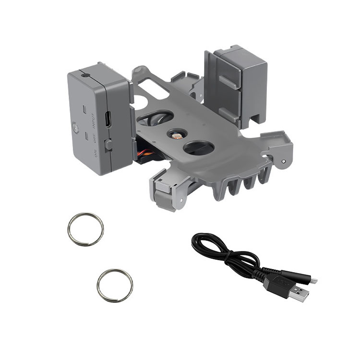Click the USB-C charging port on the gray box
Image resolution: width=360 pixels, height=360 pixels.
[x=108, y=119]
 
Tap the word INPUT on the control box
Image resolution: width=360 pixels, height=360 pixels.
[x=93, y=120]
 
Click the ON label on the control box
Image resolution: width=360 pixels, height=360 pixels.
[x=96, y=154]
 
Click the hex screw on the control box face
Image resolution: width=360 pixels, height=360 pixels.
[x=75, y=128]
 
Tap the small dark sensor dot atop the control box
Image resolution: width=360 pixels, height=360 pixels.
[x=85, y=75]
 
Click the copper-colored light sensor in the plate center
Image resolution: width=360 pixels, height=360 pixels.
[x=177, y=136]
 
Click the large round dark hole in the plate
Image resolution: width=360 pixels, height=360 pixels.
[x=199, y=147]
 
